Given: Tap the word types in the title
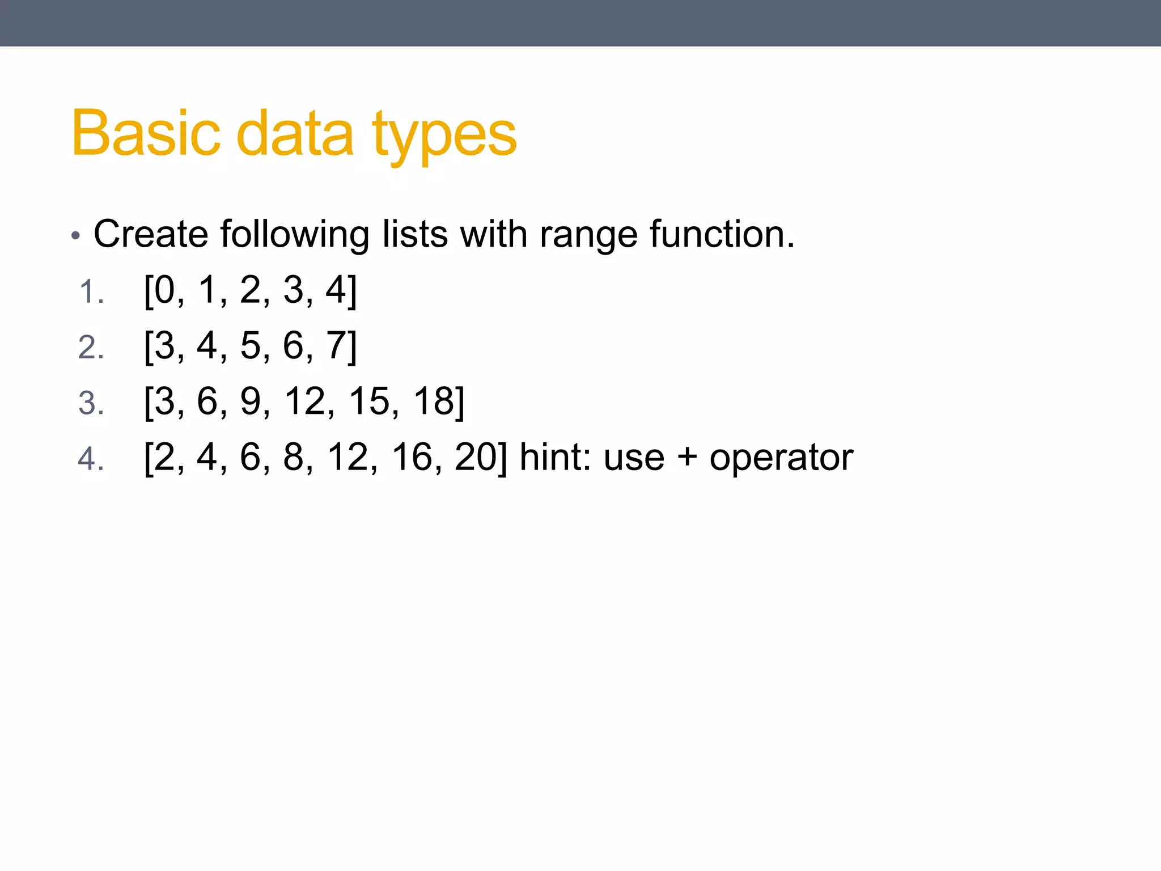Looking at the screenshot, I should point(445,136).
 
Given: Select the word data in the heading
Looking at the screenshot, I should point(295,133).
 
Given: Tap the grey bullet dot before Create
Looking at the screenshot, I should point(76,236).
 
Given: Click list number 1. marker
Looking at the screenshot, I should point(91,293).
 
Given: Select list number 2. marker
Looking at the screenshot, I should point(91,348).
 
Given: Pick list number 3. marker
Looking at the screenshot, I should point(91,403).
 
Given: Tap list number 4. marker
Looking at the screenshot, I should point(91,459).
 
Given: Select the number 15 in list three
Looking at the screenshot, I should point(369,401).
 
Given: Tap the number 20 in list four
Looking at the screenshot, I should point(476,456).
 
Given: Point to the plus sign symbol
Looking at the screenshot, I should point(687,456).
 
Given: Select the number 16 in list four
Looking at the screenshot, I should point(412,456).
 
